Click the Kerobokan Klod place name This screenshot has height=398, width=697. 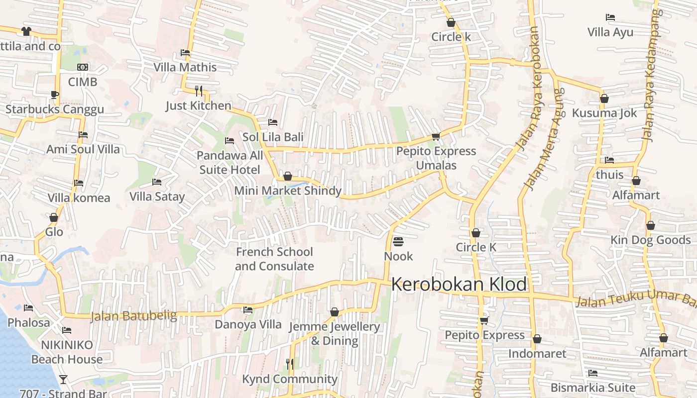tap(459, 285)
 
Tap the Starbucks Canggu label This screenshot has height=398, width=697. tap(55, 109)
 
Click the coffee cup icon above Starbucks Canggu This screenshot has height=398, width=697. tap(55, 95)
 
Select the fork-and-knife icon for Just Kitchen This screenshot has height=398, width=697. tap(199, 91)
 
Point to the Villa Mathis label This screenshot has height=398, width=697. tap(185, 67)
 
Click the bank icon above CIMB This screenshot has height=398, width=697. tap(83, 67)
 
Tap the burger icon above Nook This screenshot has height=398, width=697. tap(398, 242)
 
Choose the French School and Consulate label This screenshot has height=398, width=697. tap(274, 259)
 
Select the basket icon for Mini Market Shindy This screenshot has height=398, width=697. tap(287, 176)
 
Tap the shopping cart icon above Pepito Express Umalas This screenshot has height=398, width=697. tap(436, 136)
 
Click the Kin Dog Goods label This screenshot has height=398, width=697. tap(651, 240)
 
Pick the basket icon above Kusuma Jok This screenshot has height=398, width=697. tap(604, 99)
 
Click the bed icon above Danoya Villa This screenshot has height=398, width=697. tap(247, 310)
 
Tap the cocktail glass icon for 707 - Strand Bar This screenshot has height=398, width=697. tap(63, 380)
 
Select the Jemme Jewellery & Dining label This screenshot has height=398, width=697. tap(335, 333)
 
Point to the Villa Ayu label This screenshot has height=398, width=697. tap(610, 32)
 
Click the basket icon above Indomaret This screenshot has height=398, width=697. tap(537, 339)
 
